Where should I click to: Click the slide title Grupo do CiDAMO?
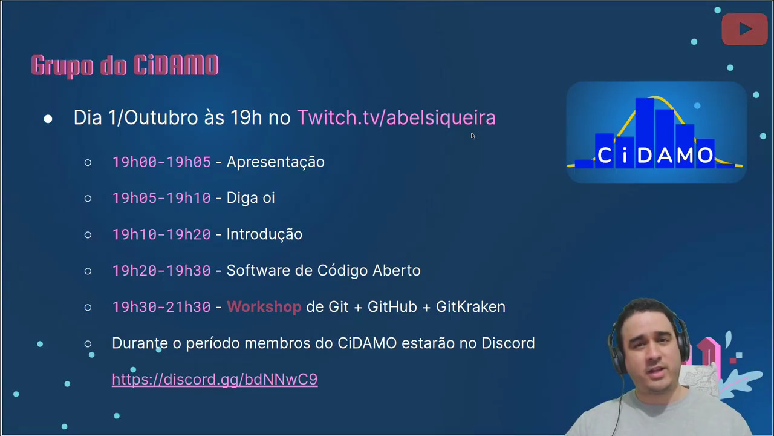pyautogui.click(x=125, y=66)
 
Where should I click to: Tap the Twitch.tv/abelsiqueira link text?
pyautogui.click(x=396, y=117)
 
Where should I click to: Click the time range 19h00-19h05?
pyautogui.click(x=161, y=162)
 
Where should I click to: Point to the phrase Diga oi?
pyautogui.click(x=250, y=198)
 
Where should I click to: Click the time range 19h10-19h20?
pyautogui.click(x=161, y=234)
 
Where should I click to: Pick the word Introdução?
pyautogui.click(x=264, y=234)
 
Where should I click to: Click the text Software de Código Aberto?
pyautogui.click(x=324, y=271)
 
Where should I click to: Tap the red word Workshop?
pyautogui.click(x=264, y=307)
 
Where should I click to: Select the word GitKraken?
pyautogui.click(x=470, y=307)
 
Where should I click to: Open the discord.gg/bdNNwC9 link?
pyautogui.click(x=215, y=380)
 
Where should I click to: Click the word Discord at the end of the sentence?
pyautogui.click(x=508, y=343)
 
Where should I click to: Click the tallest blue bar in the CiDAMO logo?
pyautogui.click(x=645, y=133)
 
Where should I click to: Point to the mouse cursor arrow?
pyautogui.click(x=473, y=136)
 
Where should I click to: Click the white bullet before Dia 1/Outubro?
pyautogui.click(x=48, y=119)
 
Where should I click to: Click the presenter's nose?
pyautogui.click(x=653, y=357)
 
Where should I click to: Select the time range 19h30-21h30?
pyautogui.click(x=161, y=307)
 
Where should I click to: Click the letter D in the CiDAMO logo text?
pyautogui.click(x=645, y=155)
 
